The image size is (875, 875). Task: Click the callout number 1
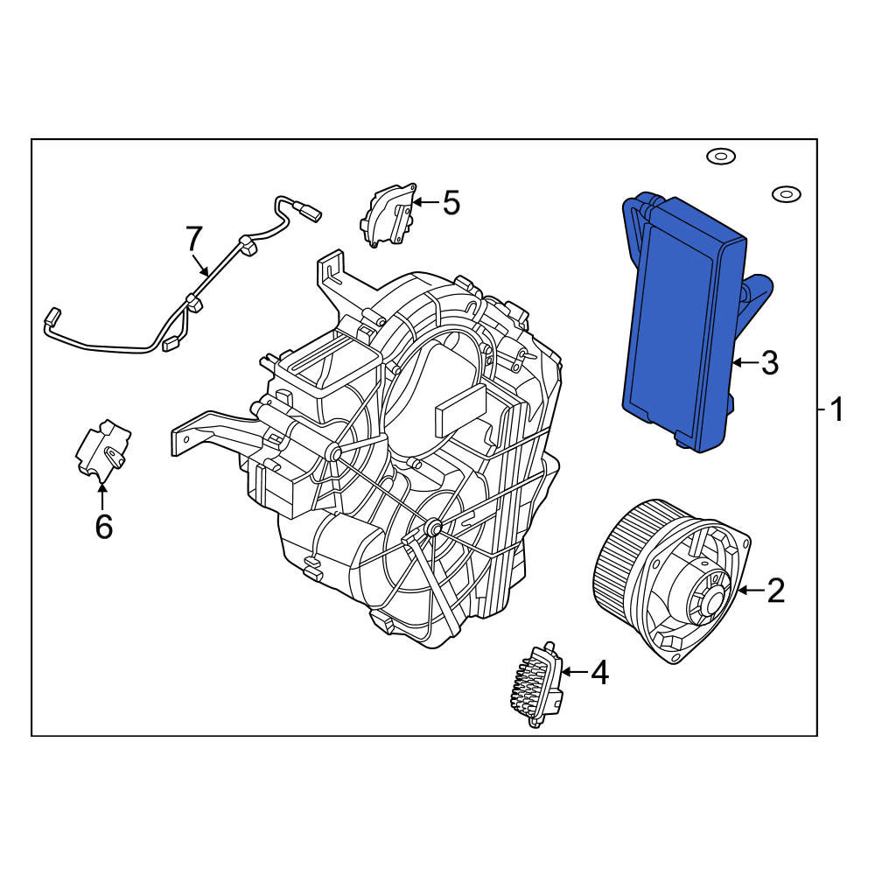tap(837, 410)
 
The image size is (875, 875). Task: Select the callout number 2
tap(775, 590)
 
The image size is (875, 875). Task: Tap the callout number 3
tap(769, 363)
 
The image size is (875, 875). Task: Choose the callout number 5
tap(451, 202)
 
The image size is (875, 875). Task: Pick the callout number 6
tap(104, 526)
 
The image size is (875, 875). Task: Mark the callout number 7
tap(193, 239)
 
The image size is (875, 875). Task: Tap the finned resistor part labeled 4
tap(536, 685)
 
